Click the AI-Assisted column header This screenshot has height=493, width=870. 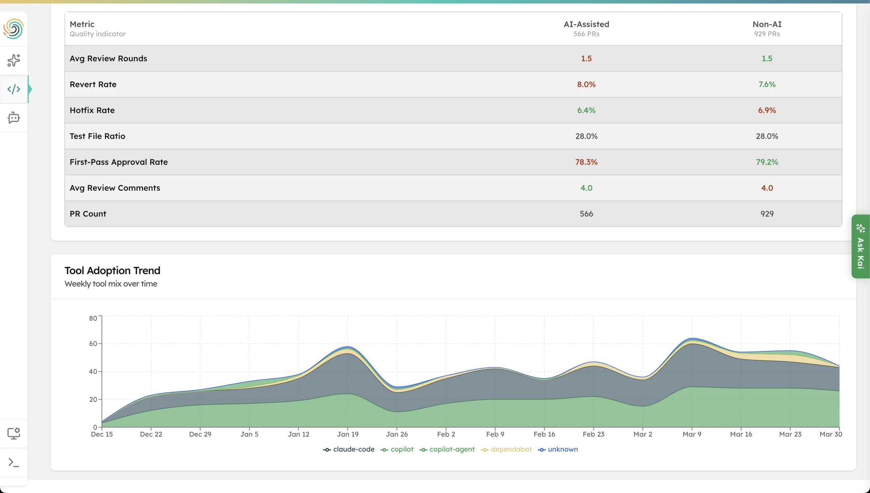(586, 24)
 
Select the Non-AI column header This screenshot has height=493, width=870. (767, 24)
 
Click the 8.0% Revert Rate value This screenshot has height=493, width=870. (586, 84)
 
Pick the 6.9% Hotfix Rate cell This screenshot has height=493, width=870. (767, 110)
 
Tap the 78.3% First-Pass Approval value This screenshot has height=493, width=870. (586, 162)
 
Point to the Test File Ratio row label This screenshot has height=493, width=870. (97, 136)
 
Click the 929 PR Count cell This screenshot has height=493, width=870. (767, 214)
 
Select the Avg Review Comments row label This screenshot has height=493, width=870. (115, 188)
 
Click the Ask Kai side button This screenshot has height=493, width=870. (861, 246)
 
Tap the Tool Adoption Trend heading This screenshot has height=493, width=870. (112, 271)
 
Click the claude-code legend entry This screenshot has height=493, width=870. (349, 449)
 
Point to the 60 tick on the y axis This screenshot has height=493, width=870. (93, 344)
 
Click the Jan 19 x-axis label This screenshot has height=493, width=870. (348, 434)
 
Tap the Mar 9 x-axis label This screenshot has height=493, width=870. (692, 434)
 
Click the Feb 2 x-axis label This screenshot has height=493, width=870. (446, 434)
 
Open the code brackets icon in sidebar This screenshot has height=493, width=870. (14, 89)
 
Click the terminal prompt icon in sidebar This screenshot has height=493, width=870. (14, 463)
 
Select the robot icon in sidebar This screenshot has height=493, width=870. (14, 118)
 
